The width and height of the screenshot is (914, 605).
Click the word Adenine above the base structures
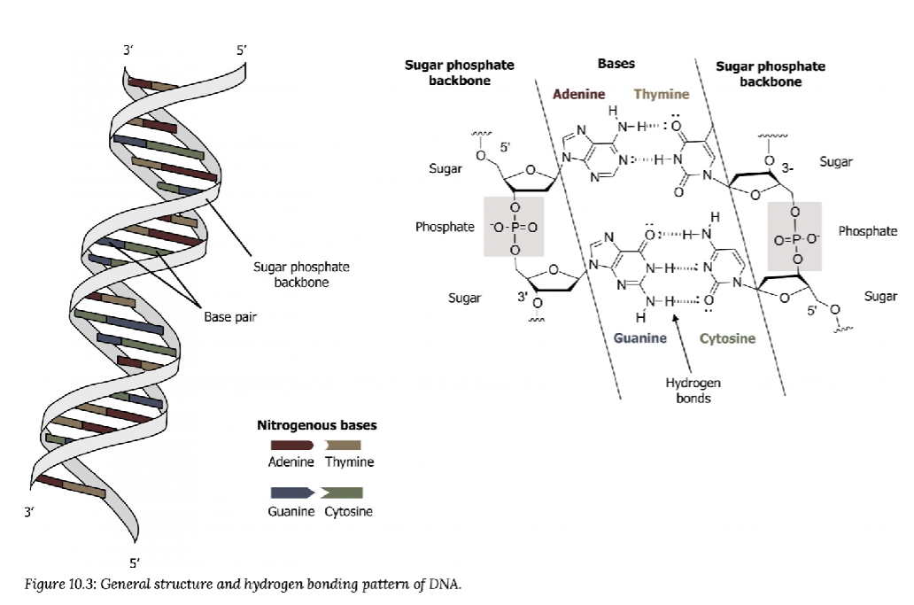[x=578, y=94]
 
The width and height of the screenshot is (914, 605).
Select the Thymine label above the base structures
[x=661, y=94]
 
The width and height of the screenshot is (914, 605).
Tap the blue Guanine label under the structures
[x=639, y=338]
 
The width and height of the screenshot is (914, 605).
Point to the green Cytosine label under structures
[x=727, y=338]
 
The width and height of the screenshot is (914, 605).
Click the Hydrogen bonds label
[x=693, y=390]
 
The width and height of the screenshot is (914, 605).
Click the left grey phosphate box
[x=513, y=227]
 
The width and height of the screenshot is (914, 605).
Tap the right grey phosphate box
[x=794, y=236]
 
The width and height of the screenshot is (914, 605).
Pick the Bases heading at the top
[x=616, y=64]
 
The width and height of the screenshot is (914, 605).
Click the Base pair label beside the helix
[x=229, y=316]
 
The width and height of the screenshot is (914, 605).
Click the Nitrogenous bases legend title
[x=316, y=425]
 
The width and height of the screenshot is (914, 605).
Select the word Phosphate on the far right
[x=867, y=231]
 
